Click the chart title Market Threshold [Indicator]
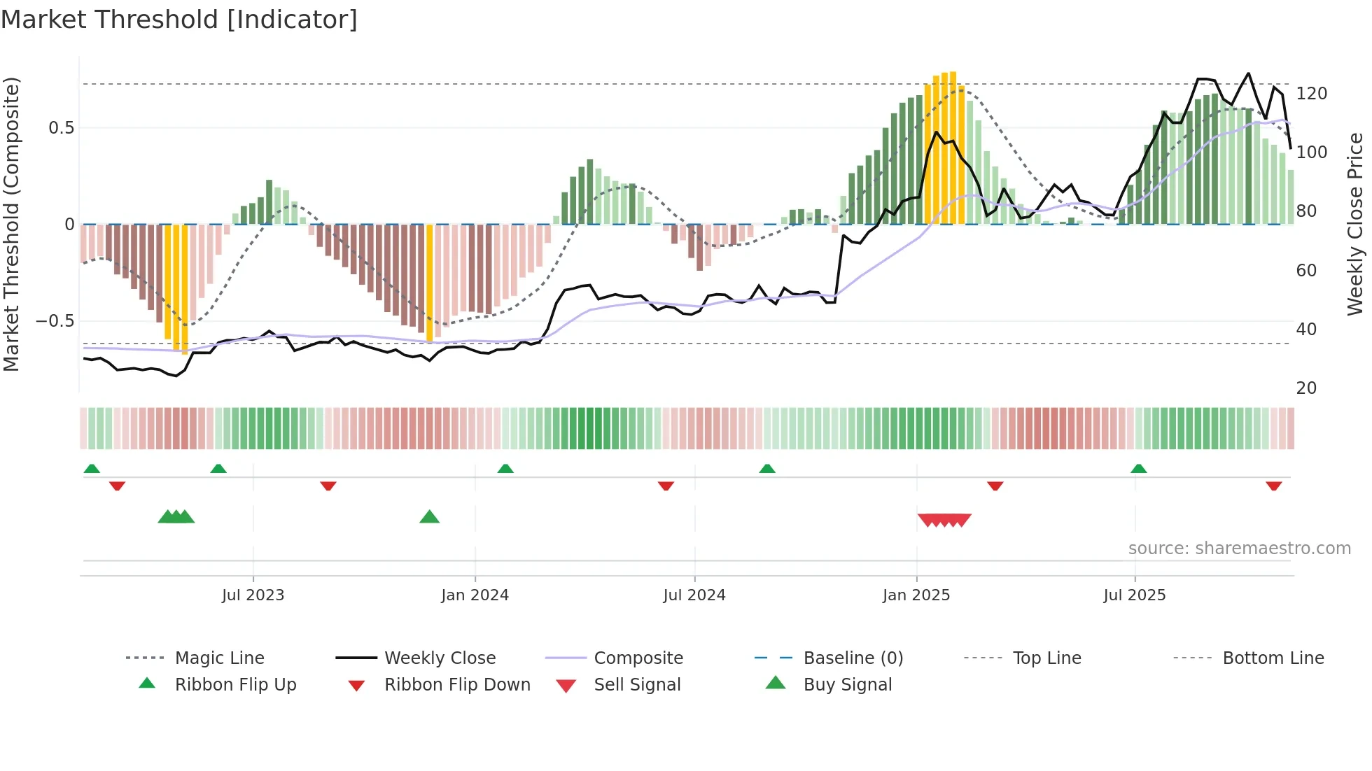coord(179,20)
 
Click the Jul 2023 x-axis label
coord(253,595)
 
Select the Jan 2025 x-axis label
coord(916,595)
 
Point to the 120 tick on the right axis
coord(1311,94)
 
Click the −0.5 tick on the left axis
coord(55,321)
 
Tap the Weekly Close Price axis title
coord(1355,224)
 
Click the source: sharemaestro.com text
coord(1239,549)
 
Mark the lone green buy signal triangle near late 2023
coord(429,517)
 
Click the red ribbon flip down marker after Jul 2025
coord(1273,486)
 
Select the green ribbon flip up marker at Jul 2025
coord(1138,469)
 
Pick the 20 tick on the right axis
coord(1306,388)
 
